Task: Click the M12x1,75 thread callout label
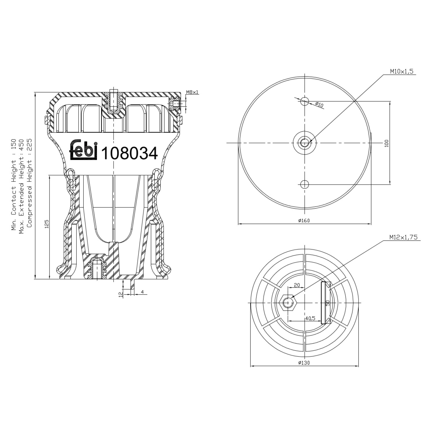point(403,237)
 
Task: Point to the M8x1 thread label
point(192,92)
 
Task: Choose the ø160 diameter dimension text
point(304,220)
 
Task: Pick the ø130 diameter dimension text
point(304,363)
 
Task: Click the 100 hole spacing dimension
point(387,143)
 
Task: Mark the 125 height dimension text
point(47,224)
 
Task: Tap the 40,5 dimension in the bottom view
point(310,318)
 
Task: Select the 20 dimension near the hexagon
point(297,285)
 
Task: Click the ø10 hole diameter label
point(319,105)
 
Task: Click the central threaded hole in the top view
point(304,143)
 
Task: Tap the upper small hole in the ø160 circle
point(304,101)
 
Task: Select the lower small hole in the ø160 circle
point(304,184)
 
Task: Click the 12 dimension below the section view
point(121,294)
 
